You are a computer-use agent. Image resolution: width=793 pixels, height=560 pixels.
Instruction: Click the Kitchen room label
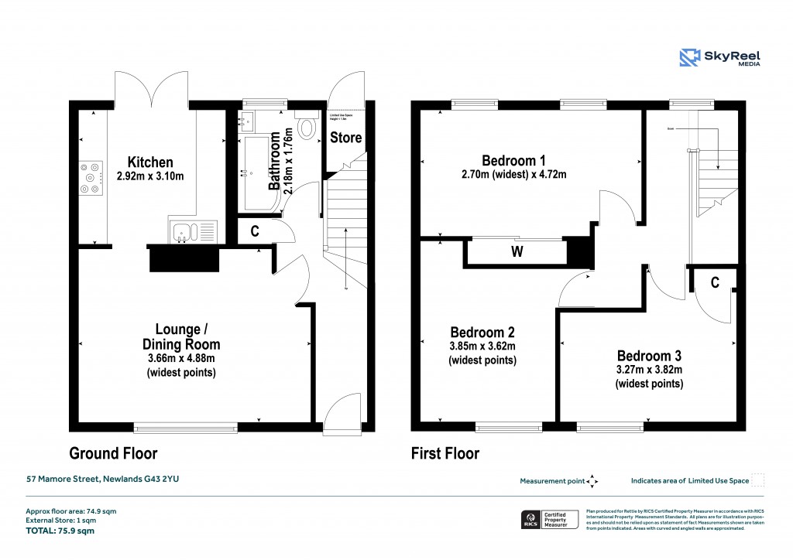tap(150, 162)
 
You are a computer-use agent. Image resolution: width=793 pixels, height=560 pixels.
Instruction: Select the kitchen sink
tap(184, 230)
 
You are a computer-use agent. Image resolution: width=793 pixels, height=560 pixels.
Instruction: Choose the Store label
tap(345, 138)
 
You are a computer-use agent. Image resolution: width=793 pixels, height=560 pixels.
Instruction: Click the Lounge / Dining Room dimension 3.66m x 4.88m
tap(180, 358)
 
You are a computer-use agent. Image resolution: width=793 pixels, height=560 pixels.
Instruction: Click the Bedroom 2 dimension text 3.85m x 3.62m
tap(482, 346)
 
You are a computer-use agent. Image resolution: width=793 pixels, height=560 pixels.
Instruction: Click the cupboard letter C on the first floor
tap(715, 284)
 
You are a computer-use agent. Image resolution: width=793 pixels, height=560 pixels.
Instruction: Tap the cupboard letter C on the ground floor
tap(252, 230)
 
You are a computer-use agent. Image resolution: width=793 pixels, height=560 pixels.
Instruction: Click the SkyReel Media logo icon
tap(690, 57)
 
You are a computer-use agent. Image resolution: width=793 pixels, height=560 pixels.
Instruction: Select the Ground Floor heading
tap(113, 453)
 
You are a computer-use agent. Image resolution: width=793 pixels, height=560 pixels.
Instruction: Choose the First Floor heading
tap(445, 453)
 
